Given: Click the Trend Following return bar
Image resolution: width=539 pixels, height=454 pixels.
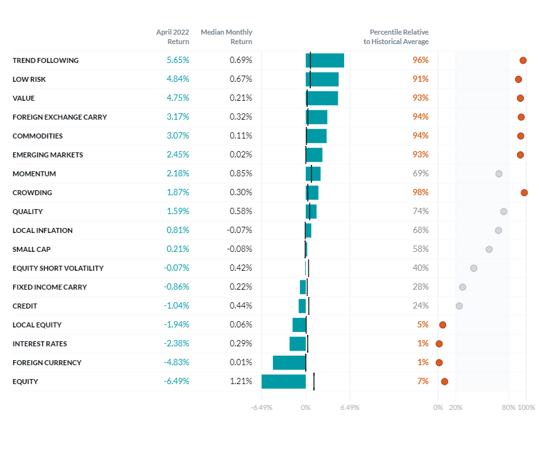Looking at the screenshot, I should click(325, 60).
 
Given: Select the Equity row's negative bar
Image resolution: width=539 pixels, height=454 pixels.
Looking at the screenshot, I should click(284, 382).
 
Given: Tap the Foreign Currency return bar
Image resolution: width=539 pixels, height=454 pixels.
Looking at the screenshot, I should click(289, 363).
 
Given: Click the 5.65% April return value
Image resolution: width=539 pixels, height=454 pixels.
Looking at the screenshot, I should click(178, 60).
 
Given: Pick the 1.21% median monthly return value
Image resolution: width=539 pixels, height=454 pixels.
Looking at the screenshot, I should click(240, 382).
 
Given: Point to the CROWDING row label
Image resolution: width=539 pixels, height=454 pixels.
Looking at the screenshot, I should click(32, 193).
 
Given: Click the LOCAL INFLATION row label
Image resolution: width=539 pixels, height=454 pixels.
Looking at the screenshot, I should click(42, 230).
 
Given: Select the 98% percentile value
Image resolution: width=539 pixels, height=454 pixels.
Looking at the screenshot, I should click(420, 193).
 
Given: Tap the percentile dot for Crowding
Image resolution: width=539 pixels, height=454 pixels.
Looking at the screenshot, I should click(524, 193).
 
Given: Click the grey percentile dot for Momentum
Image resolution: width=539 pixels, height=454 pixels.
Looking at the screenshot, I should click(499, 174).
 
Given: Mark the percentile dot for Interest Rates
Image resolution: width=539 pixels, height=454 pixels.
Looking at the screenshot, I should click(439, 344).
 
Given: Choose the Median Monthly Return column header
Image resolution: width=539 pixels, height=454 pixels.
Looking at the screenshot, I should click(226, 37).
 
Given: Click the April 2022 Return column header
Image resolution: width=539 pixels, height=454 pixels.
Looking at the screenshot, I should click(173, 37).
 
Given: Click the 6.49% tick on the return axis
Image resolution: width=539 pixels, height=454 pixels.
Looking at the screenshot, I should click(349, 407).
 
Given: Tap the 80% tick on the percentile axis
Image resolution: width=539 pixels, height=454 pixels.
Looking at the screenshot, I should click(508, 407).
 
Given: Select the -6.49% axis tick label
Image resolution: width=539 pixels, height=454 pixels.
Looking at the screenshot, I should click(262, 407).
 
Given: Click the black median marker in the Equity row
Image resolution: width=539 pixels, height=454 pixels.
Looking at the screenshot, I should click(314, 382).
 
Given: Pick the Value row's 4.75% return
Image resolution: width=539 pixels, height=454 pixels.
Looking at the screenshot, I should click(178, 98).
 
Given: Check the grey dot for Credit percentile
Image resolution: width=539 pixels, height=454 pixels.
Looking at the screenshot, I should click(459, 306).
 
